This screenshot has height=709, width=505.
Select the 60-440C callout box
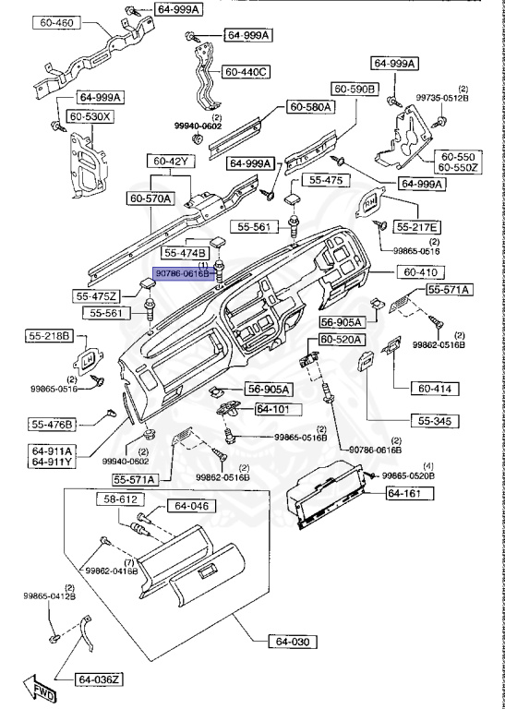click(x=245, y=71)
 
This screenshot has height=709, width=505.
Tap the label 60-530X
click(x=95, y=117)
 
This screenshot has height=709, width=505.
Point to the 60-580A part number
click(x=310, y=107)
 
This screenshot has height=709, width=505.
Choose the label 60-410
click(x=425, y=272)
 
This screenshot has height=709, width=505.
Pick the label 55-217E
click(x=418, y=226)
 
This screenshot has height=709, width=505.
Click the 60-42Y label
click(x=172, y=162)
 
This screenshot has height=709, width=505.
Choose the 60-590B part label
click(x=356, y=89)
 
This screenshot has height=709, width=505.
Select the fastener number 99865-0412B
click(x=50, y=596)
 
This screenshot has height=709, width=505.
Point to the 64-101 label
click(x=272, y=408)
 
